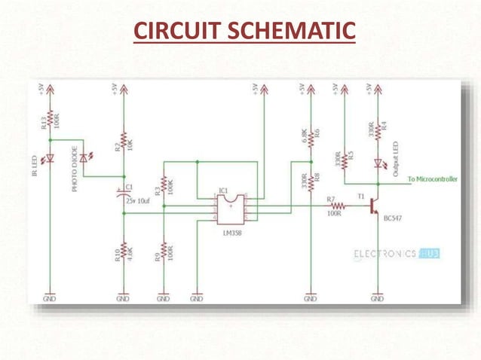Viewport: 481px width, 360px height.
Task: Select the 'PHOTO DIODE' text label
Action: point(75,171)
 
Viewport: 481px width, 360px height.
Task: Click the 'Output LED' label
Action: point(397,159)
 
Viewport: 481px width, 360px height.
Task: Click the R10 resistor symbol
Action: point(124,252)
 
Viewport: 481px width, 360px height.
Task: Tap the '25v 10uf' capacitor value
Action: point(140,202)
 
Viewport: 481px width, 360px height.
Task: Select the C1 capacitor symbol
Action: point(124,192)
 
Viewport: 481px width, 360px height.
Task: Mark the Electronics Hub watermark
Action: point(396,255)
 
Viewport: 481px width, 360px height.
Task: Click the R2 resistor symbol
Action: point(124,143)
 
